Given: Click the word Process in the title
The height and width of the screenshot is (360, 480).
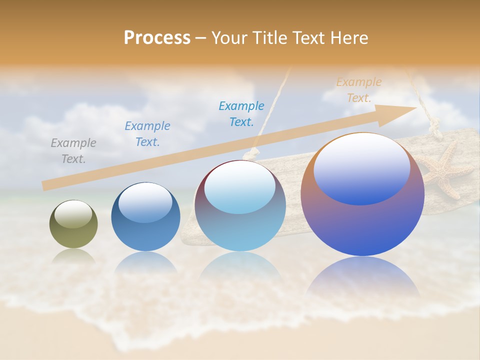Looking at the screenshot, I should pyautogui.click(x=157, y=37).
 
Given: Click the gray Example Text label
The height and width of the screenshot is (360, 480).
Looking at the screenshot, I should pyautogui.click(x=73, y=151).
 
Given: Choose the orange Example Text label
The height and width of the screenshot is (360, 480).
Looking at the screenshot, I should pyautogui.click(x=359, y=90).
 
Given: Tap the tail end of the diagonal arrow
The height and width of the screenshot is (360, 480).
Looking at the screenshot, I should pyautogui.click(x=45, y=186).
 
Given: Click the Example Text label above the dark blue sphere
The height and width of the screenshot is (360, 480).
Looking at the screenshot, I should pyautogui.click(x=147, y=134).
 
